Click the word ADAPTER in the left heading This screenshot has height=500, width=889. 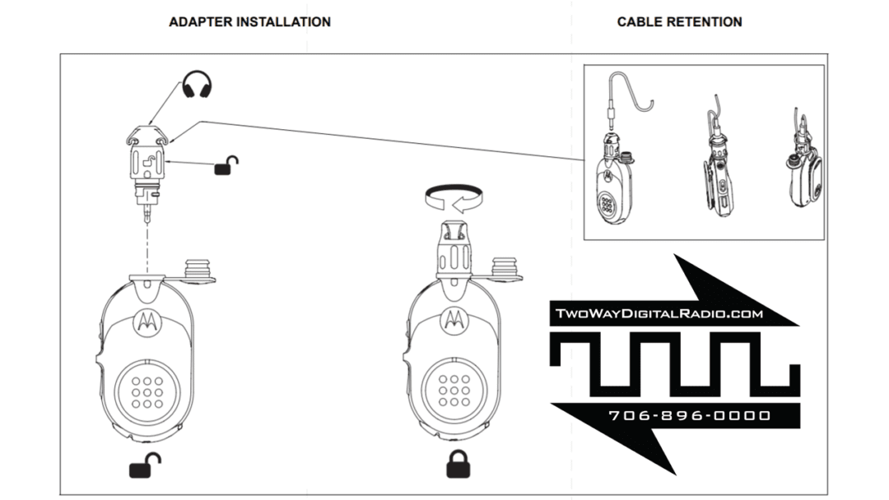point(200,22)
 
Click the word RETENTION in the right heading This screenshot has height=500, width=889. point(706,22)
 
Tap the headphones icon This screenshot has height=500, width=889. point(196,85)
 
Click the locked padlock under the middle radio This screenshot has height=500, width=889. point(458,465)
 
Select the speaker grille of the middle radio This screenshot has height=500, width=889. point(454,387)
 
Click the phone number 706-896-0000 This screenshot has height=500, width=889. point(690,415)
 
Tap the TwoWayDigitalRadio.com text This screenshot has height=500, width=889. point(659,313)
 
